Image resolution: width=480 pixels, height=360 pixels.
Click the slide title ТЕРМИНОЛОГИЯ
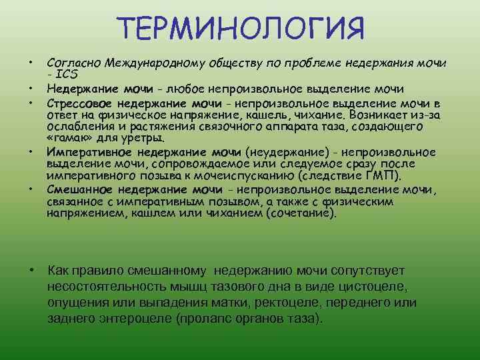(x=241, y=29)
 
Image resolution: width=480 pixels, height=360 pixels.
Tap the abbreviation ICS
(x=67, y=74)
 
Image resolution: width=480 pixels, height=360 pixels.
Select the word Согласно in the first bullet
(x=72, y=63)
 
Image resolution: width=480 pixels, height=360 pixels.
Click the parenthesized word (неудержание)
(x=283, y=151)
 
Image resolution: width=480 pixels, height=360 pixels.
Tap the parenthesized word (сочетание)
(x=301, y=213)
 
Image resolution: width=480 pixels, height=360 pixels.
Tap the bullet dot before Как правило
(x=31, y=270)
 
